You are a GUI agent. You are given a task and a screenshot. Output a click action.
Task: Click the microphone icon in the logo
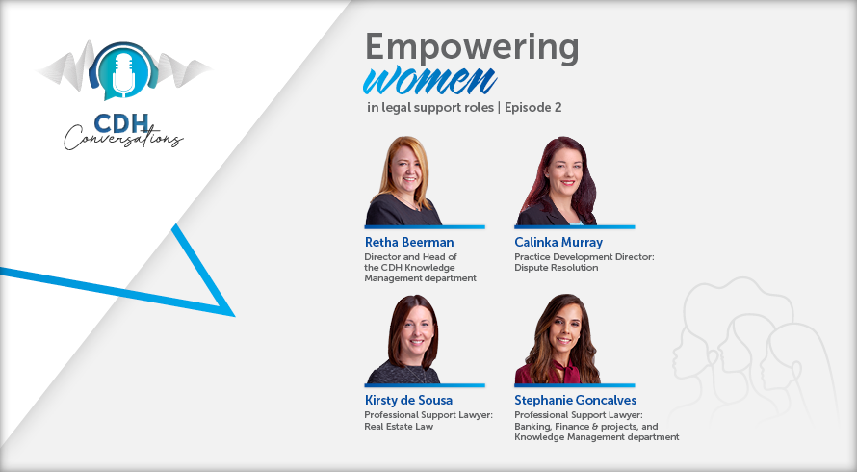(x=123, y=74)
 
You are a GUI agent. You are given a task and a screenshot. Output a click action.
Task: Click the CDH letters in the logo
(x=120, y=123)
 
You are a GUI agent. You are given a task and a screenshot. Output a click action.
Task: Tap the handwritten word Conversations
(x=123, y=138)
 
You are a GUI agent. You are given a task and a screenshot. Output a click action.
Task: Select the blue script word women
(x=429, y=81)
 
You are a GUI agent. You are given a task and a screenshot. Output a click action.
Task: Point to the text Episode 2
(x=532, y=107)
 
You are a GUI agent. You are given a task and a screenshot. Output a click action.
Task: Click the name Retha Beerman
(x=409, y=242)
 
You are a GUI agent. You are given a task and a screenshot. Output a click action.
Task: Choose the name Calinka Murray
(x=558, y=242)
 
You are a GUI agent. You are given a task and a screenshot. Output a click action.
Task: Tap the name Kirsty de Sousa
(x=408, y=400)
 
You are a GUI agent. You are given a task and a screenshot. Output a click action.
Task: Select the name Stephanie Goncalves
(x=575, y=400)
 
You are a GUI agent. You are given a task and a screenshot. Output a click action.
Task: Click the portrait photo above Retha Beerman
(x=404, y=180)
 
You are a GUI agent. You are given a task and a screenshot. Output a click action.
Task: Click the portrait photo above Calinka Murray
(x=557, y=180)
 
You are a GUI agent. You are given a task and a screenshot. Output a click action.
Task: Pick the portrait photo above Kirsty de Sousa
(x=404, y=339)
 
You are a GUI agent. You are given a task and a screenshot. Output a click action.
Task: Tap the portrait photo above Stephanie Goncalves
(x=558, y=339)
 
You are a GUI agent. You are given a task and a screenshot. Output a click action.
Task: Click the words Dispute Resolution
(x=556, y=268)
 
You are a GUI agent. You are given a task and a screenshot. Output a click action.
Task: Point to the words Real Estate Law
(x=399, y=426)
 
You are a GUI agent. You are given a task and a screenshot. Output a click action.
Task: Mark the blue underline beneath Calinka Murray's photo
(x=575, y=227)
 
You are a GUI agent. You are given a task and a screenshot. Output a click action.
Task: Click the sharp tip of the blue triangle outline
(x=235, y=317)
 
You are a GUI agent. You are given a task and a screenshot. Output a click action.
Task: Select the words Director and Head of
(x=410, y=256)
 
